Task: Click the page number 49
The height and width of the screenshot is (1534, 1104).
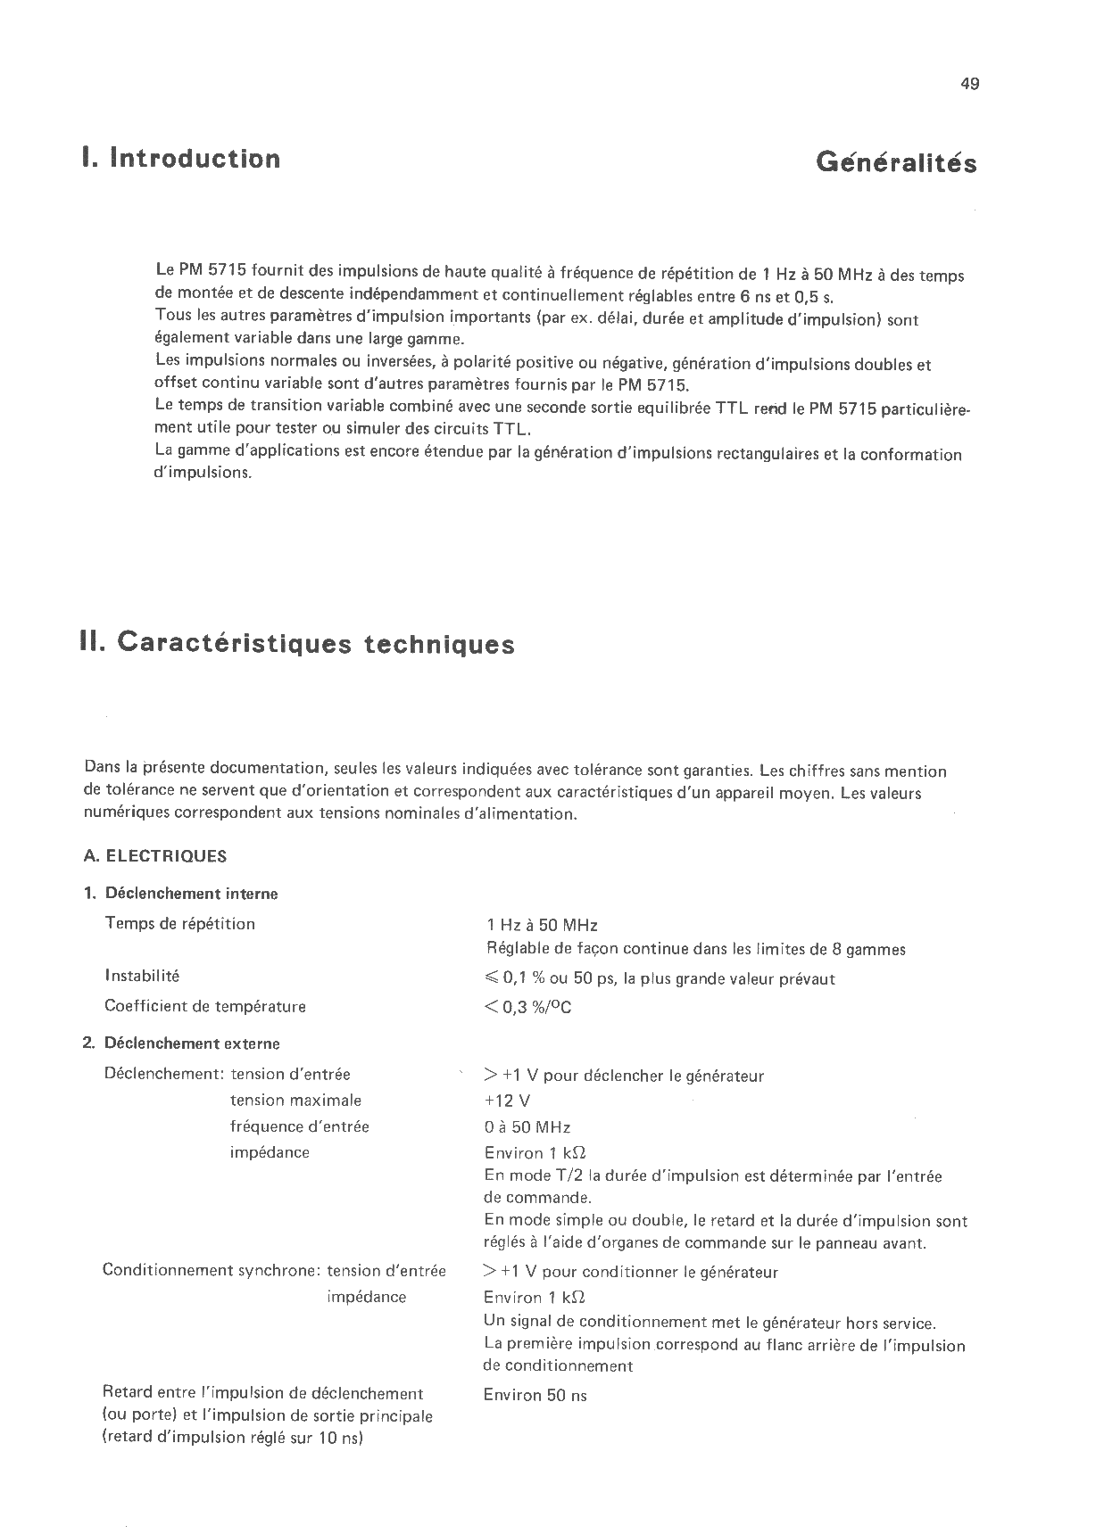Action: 970,84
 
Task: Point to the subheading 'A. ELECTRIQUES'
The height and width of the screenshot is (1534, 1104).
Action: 155,856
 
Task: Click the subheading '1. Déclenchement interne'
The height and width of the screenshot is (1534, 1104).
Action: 180,894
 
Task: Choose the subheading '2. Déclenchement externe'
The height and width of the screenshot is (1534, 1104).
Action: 181,1043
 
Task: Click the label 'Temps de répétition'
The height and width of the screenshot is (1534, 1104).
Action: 180,924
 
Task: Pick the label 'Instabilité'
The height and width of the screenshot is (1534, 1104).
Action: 142,977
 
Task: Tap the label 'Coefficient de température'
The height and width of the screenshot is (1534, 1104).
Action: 205,1007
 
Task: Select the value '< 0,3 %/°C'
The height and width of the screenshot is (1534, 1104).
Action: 527,1008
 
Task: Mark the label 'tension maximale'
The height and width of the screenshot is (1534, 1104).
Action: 295,1101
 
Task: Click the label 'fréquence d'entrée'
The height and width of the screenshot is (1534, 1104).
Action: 299,1126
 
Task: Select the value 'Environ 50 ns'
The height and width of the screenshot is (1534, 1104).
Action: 535,1396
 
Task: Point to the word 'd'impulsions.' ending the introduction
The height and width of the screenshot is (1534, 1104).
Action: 203,473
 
